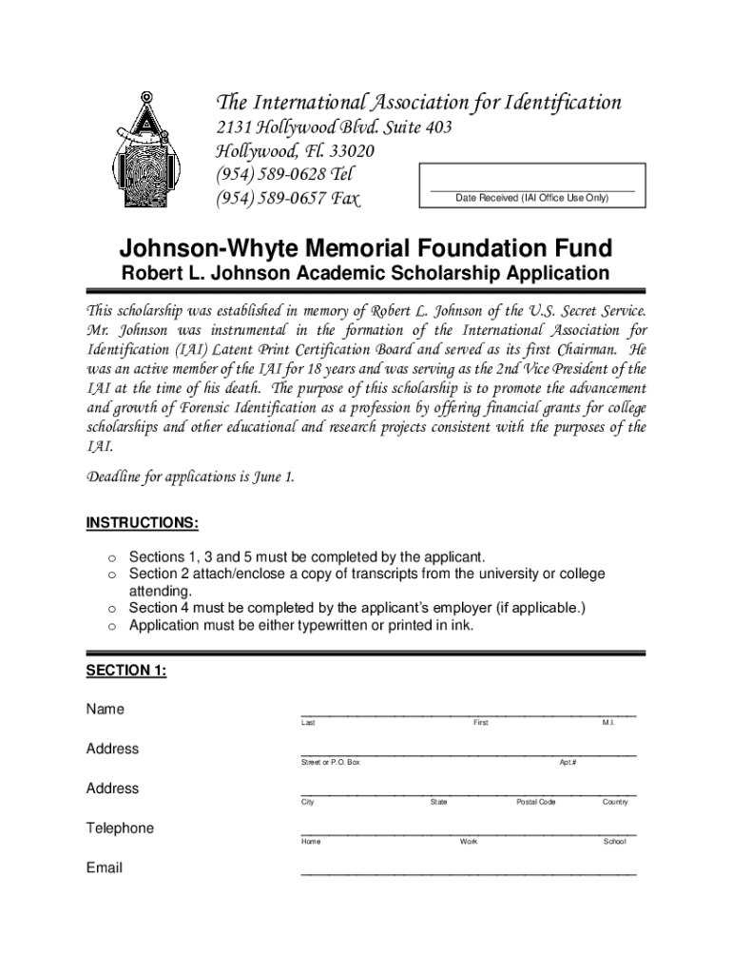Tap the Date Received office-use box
pyautogui.click(x=532, y=185)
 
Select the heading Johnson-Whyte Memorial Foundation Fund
pyautogui.click(x=366, y=249)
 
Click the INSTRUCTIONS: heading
pyautogui.click(x=143, y=523)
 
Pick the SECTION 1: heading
pyautogui.click(x=126, y=671)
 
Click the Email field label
pyautogui.click(x=105, y=867)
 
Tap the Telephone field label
pyautogui.click(x=120, y=828)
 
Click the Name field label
pyautogui.click(x=106, y=710)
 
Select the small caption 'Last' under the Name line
pyautogui.click(x=308, y=724)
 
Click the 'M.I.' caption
pyautogui.click(x=608, y=724)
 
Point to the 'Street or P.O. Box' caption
pyautogui.click(x=331, y=763)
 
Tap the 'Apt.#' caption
pyautogui.click(x=568, y=763)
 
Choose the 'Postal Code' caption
pyautogui.click(x=536, y=802)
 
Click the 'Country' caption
pyautogui.click(x=615, y=802)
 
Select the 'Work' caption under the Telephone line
pyautogui.click(x=469, y=842)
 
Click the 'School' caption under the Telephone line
pyautogui.click(x=614, y=842)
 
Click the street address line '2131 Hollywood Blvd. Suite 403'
pyautogui.click(x=331, y=127)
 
